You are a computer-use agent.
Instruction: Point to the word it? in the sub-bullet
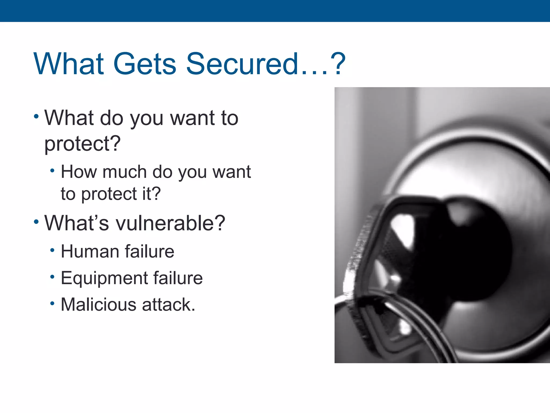click(x=151, y=194)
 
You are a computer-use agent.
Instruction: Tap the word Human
click(x=90, y=252)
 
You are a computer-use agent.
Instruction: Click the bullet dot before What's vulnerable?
click(x=37, y=222)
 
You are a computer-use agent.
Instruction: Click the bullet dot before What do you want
click(x=37, y=117)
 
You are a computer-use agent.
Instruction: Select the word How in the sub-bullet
click(x=79, y=172)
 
